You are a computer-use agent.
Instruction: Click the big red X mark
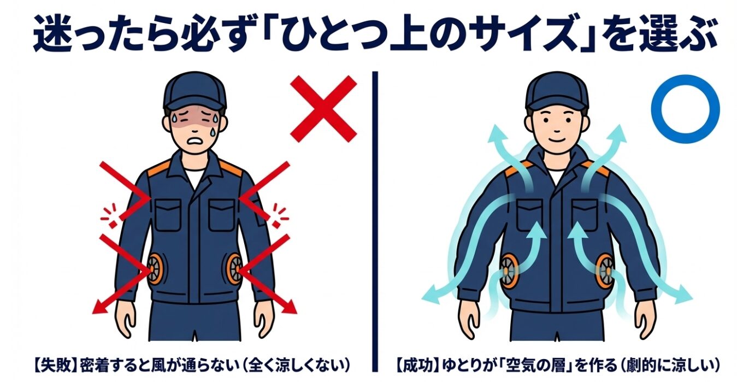pos(323,109)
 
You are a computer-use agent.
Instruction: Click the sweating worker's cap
pos(195,91)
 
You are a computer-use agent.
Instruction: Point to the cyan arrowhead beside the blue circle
pos(619,134)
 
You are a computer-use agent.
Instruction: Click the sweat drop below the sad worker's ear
pos(214,132)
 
